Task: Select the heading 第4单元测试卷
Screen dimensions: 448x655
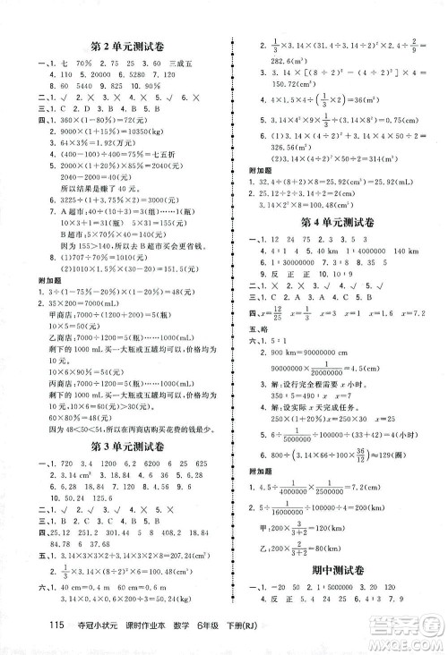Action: click(332, 220)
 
